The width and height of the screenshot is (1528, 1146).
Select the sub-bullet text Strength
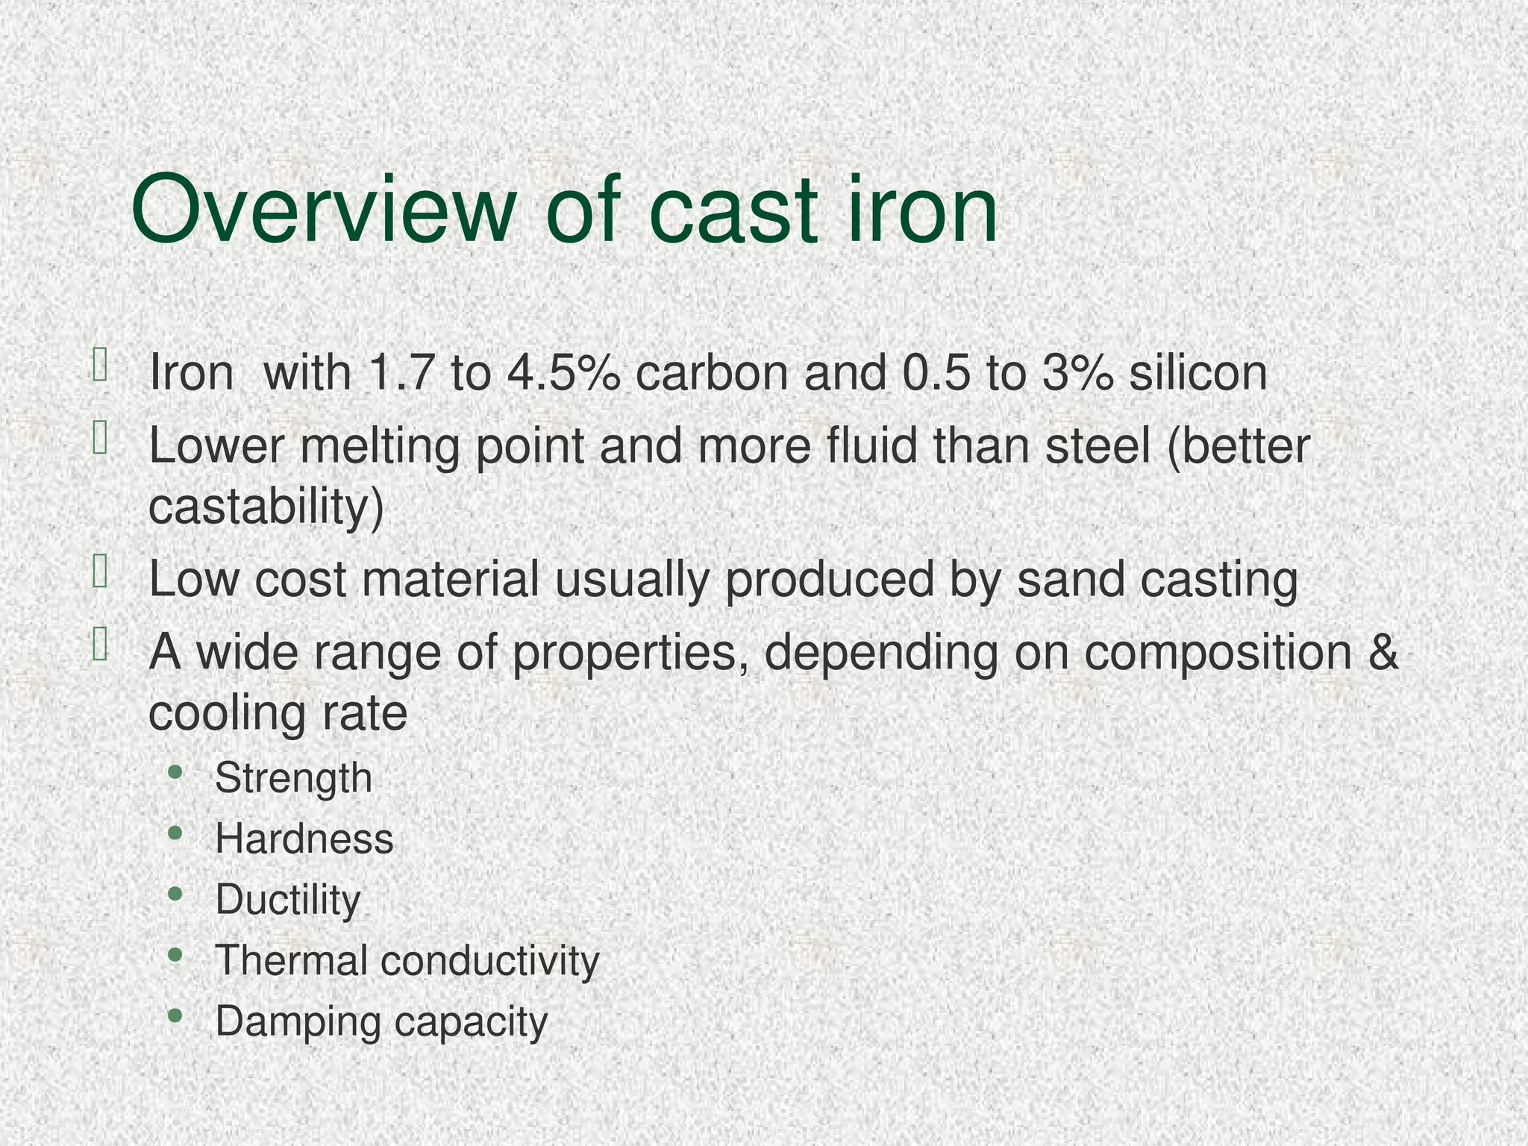click(293, 778)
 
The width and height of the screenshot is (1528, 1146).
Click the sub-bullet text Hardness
click(304, 839)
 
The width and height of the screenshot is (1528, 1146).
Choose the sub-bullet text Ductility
click(288, 900)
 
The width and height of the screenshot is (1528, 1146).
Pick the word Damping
click(298, 1021)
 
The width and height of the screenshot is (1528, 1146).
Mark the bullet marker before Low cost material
click(100, 573)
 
